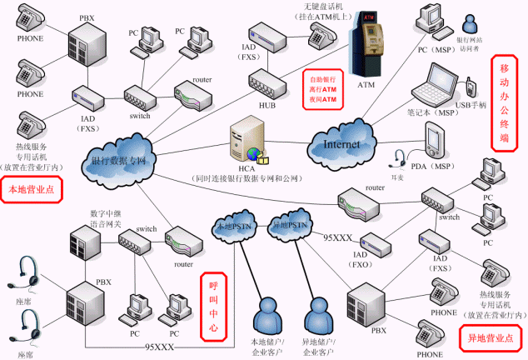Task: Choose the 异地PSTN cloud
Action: pyautogui.click(x=289, y=225)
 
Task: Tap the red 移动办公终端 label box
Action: pyautogui.click(x=504, y=100)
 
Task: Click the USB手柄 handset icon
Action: pyautogui.click(x=471, y=87)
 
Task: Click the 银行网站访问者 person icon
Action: pyautogui.click(x=471, y=23)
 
